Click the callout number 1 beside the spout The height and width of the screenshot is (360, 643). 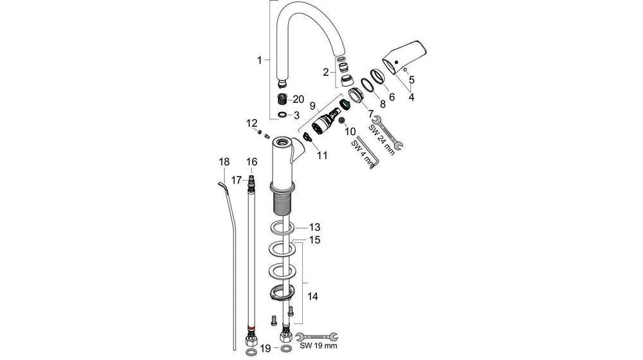click(x=260, y=60)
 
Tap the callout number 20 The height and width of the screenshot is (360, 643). click(x=298, y=99)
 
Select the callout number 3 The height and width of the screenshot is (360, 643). click(x=296, y=115)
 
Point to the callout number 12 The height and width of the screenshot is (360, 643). click(x=251, y=122)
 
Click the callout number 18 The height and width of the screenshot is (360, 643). click(x=223, y=162)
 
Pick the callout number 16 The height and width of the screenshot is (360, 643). click(x=251, y=161)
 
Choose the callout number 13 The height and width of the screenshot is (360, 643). click(x=314, y=227)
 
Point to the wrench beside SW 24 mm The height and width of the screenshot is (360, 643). click(x=388, y=133)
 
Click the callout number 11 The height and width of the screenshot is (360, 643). click(x=321, y=155)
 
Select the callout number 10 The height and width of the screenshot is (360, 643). click(x=350, y=131)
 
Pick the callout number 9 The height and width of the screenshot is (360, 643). click(x=312, y=105)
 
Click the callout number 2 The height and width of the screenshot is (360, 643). click(x=325, y=72)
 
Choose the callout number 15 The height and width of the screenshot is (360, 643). click(x=314, y=240)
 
